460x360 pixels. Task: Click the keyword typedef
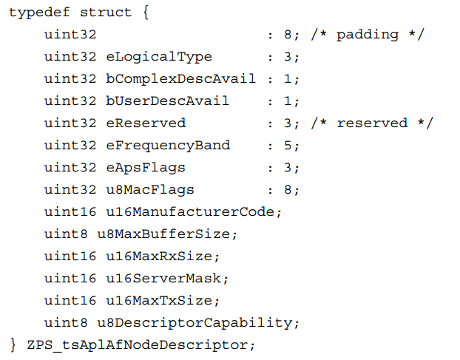point(39,13)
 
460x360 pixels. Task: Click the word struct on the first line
point(106,13)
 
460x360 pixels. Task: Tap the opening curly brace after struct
point(146,13)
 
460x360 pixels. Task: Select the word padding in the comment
point(368,35)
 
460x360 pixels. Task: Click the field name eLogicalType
point(159,57)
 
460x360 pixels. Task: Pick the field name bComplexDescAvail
point(180,79)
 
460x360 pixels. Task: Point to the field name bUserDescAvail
point(167,101)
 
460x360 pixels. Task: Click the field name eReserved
point(146,123)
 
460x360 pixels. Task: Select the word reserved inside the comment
point(372,123)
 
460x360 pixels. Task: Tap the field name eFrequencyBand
point(168,146)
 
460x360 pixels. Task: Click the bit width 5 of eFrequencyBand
point(288,146)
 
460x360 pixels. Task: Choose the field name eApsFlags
point(146,168)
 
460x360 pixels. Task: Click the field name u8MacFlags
point(150,190)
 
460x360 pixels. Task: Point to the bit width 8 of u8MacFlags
point(288,190)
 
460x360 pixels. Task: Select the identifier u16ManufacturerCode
point(190,211)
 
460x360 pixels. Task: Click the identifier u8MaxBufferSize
point(163,234)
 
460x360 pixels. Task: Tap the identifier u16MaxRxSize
point(159,257)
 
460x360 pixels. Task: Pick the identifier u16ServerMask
point(163,278)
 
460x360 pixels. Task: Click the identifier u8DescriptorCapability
point(195,323)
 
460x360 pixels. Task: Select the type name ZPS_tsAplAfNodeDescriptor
point(138,345)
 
